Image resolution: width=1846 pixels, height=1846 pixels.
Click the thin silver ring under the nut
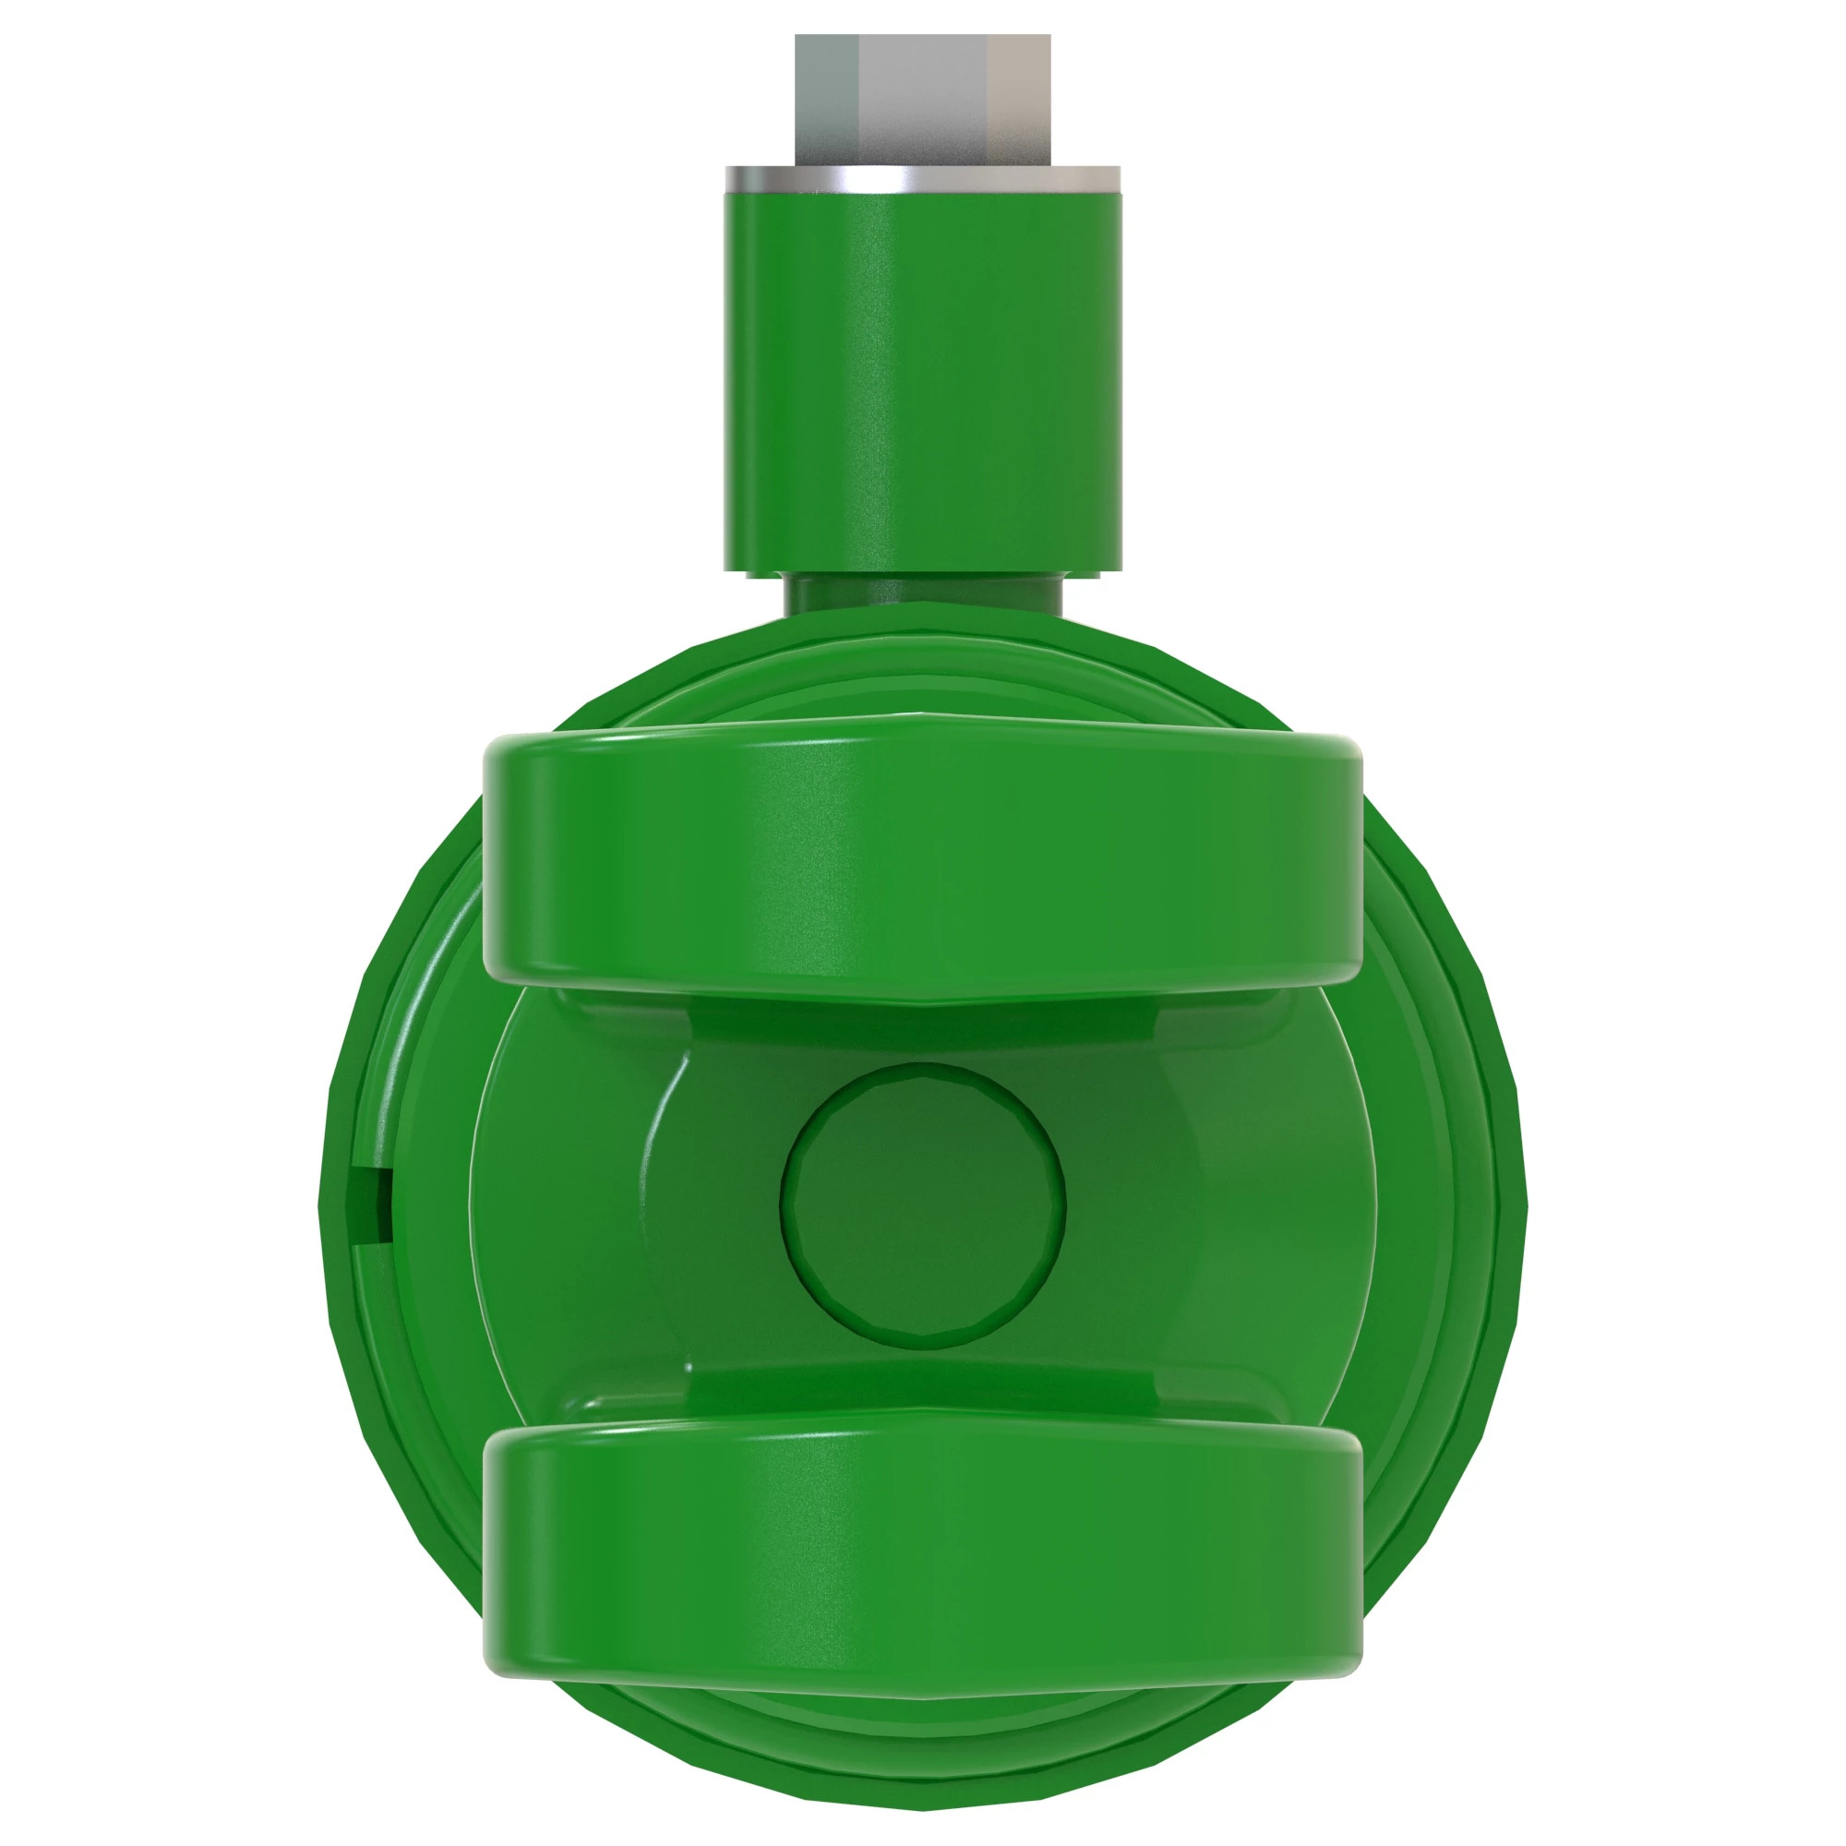tap(923, 180)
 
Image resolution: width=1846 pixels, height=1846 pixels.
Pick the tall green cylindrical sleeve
tap(923, 382)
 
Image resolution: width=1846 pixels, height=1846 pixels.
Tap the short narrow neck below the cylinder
tap(923, 594)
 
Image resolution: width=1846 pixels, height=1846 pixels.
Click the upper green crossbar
tap(923, 860)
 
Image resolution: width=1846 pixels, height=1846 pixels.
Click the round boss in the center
tap(923, 1205)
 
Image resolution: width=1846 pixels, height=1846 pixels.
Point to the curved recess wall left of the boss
tap(669, 1205)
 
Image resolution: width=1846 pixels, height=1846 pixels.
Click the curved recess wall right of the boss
tap(1185, 1205)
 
